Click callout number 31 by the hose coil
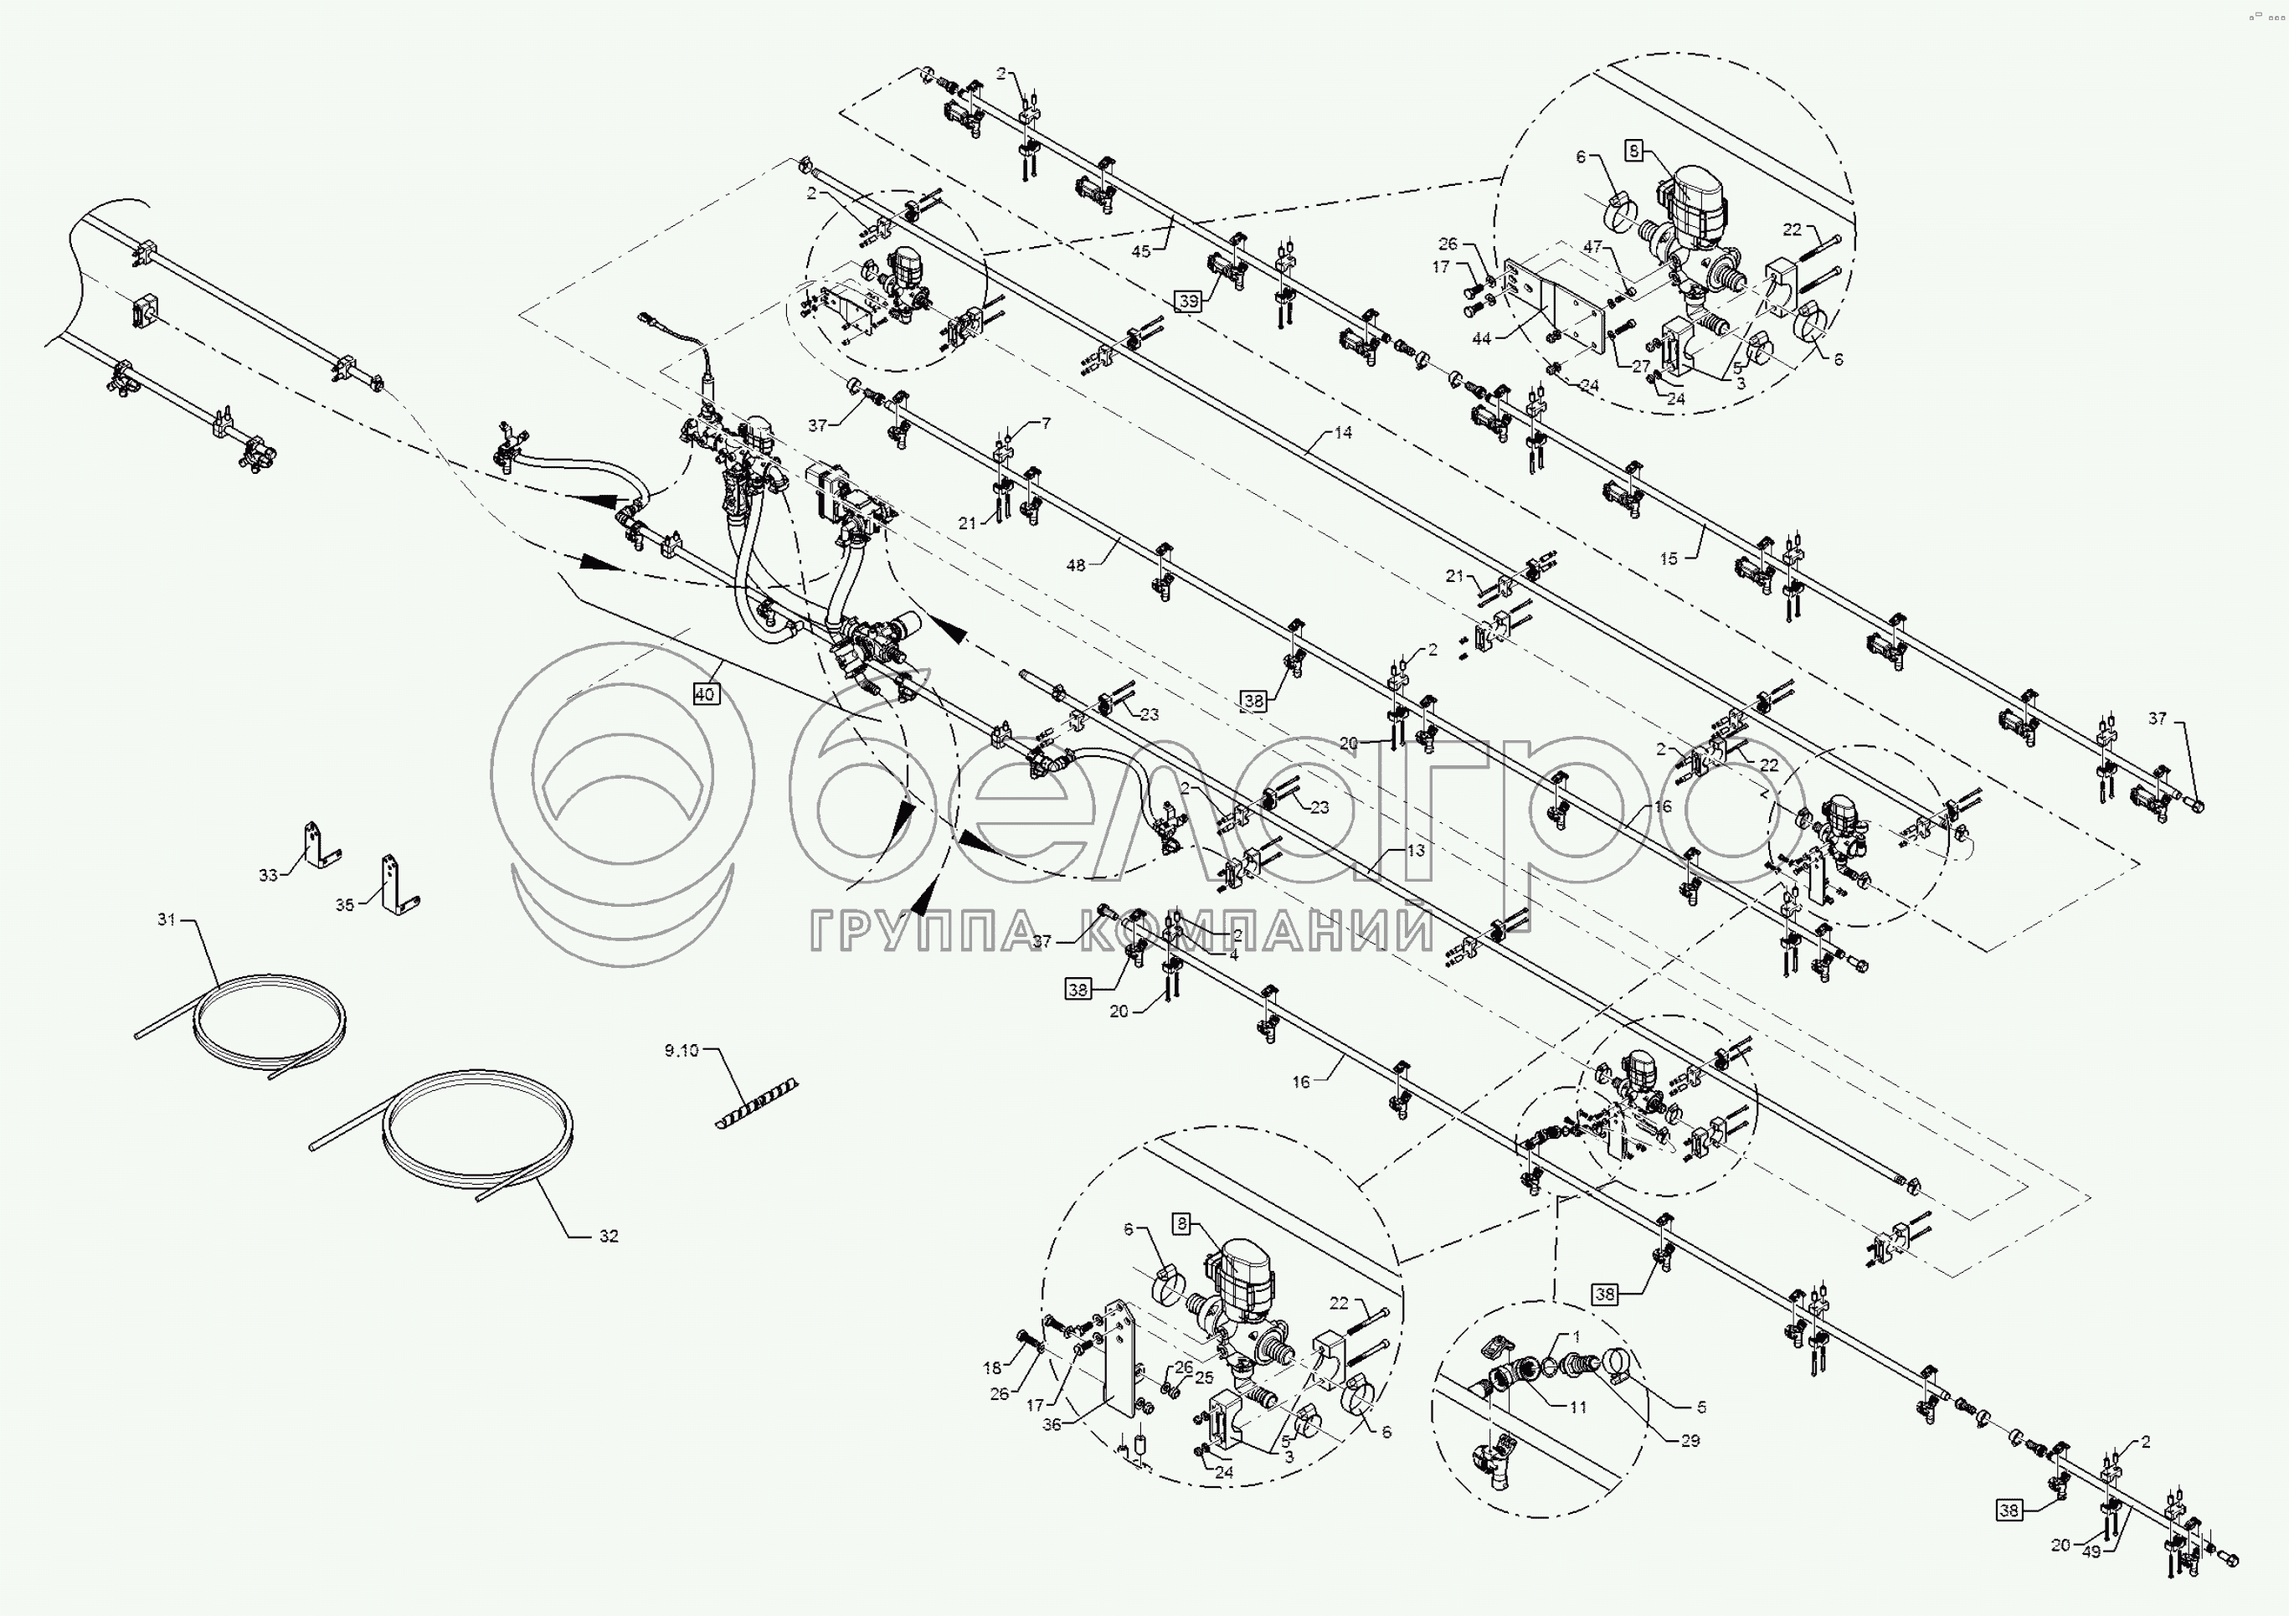point(167,919)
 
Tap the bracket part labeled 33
point(319,847)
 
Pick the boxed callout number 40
point(705,694)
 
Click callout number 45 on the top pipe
point(1141,251)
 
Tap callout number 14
point(1343,433)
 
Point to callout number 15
point(1669,559)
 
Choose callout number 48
point(1076,565)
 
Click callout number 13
point(1416,851)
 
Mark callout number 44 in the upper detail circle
point(1481,339)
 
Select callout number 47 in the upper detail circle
point(1593,246)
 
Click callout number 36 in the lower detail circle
point(1052,1426)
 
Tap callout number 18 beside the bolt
point(993,1369)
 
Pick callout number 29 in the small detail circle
point(1690,1440)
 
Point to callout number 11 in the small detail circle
point(1577,1408)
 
